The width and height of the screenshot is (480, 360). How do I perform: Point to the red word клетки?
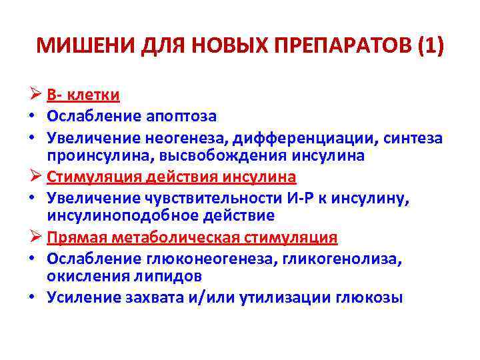pyautogui.click(x=93, y=95)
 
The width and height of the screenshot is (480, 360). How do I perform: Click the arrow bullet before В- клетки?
pyautogui.click(x=37, y=95)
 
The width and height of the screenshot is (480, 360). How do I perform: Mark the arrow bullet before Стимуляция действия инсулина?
pyautogui.click(x=37, y=177)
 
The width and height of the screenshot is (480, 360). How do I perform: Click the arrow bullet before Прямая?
pyautogui.click(x=37, y=238)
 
